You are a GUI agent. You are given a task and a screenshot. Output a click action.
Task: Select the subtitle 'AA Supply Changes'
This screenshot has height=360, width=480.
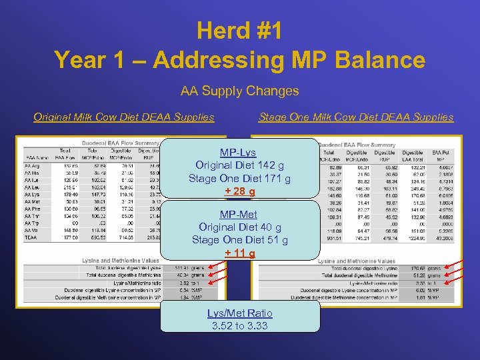239,90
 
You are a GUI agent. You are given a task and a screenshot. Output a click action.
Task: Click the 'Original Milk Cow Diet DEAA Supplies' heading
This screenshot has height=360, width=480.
124,117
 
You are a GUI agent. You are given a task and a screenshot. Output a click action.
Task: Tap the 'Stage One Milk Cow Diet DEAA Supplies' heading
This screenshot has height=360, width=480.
356,117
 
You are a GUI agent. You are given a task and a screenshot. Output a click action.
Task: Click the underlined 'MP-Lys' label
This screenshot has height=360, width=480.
238,152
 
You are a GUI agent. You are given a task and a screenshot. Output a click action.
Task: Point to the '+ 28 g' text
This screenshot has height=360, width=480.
239,192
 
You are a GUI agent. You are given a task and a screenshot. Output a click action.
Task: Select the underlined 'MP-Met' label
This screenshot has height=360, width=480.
239,214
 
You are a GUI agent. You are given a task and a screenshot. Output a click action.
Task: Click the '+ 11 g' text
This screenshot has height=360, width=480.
239,253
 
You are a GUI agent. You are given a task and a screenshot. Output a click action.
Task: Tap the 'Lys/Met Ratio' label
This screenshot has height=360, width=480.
239,313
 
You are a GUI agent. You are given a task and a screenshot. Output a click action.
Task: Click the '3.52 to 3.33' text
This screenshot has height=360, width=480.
239,326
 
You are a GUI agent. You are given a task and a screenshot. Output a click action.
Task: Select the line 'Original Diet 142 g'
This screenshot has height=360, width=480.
239,165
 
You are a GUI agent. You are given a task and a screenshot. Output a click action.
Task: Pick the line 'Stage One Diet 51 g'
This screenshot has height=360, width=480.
239,240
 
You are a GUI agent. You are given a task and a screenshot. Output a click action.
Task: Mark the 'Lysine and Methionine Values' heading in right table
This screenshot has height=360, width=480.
357,261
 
